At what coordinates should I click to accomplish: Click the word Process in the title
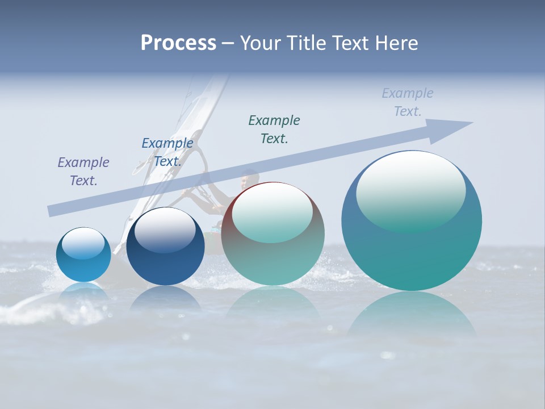pos(178,43)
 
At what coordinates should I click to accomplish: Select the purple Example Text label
pos(83,171)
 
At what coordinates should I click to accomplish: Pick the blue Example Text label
pos(167,152)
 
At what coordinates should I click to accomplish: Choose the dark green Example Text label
pos(274,129)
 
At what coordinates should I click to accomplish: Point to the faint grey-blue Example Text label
pos(408,102)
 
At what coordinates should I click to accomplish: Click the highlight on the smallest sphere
pos(83,244)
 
